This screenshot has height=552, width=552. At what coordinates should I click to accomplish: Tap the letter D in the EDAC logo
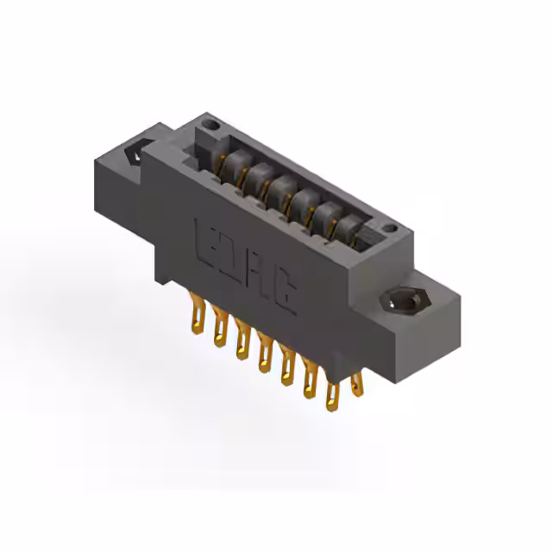[x=234, y=256]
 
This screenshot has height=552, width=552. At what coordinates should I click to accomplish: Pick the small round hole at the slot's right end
[x=390, y=229]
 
